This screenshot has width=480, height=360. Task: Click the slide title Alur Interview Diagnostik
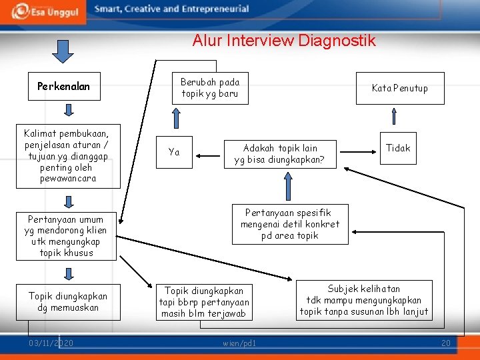[284, 41]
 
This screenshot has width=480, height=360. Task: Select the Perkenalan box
[63, 86]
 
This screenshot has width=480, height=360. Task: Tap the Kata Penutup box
[399, 88]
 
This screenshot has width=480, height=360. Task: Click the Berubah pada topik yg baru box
[209, 87]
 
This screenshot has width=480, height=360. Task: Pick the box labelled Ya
[174, 152]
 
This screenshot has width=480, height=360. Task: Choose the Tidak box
[398, 148]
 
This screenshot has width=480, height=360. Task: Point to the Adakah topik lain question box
[279, 153]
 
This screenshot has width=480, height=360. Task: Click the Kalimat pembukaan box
[67, 153]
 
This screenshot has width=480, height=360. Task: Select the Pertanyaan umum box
[66, 236]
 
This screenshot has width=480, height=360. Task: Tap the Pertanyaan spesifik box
[289, 224]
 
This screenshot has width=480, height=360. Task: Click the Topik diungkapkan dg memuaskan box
[67, 301]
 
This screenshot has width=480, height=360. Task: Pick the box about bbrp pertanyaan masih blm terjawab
[204, 302]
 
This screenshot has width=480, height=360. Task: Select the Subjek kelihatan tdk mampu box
[363, 300]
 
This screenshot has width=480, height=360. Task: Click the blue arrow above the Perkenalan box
[63, 51]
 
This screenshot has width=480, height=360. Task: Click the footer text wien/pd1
[239, 343]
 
